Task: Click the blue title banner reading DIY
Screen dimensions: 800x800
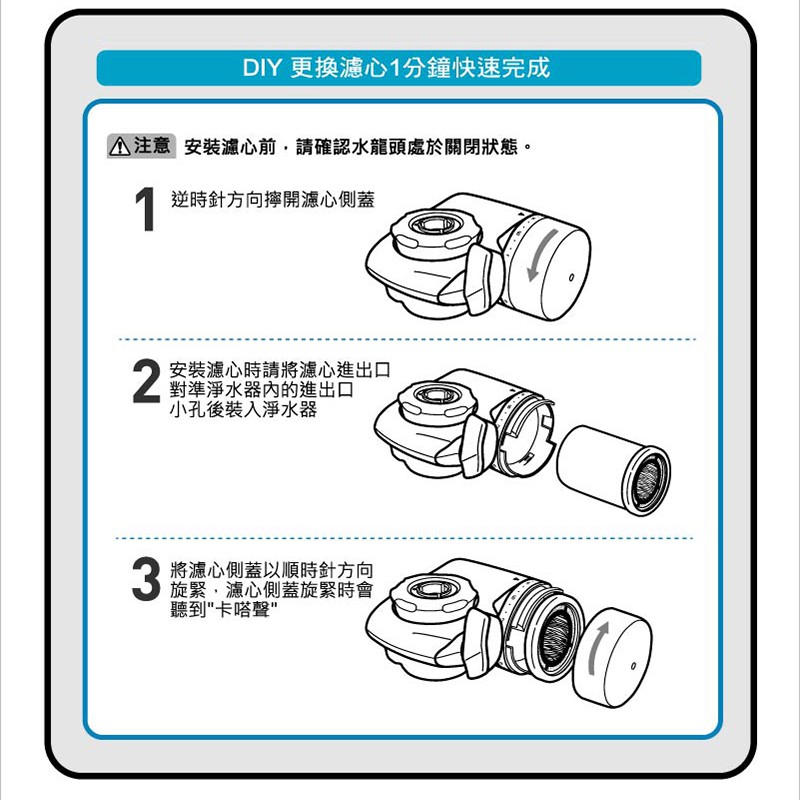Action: tap(398, 68)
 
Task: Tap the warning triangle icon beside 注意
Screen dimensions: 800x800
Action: tap(120, 146)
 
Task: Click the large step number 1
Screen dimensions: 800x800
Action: tap(145, 209)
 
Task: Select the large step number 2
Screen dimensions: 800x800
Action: tap(146, 381)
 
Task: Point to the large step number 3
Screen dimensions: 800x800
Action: tap(146, 578)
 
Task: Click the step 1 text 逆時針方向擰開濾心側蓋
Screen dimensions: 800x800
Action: tap(273, 199)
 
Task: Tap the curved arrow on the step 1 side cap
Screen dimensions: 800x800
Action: tap(542, 254)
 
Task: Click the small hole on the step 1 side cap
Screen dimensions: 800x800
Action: tap(571, 278)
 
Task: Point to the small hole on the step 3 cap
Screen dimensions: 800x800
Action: tap(633, 666)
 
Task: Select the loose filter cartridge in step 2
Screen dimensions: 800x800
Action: tap(614, 469)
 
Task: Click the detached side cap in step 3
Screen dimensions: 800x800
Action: tap(612, 657)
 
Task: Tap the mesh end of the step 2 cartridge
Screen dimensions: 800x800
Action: tap(649, 482)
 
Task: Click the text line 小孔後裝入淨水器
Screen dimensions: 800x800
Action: tap(243, 409)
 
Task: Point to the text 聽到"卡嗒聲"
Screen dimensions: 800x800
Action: tap(224, 609)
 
